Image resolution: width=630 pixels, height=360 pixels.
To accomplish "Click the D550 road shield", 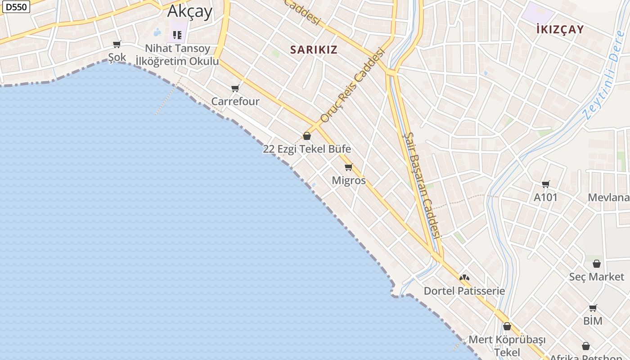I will pos(16,6).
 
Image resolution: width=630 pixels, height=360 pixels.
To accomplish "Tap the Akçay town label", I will pos(189,11).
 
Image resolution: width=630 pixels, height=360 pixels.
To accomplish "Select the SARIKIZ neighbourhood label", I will pos(314,49).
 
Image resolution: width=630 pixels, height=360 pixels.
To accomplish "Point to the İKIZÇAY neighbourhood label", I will pos(560,30).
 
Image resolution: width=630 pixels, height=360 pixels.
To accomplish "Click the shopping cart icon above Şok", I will pos(117,44).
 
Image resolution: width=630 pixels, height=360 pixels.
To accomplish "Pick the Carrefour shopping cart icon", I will pos(235,88).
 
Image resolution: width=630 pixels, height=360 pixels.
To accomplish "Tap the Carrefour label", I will pos(235,101).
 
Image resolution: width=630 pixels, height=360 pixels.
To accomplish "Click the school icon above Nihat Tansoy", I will pos(177,35).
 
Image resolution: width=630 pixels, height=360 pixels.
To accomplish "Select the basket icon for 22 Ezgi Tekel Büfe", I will pos(307,136).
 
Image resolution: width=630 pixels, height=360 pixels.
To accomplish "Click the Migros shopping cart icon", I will pos(348,167).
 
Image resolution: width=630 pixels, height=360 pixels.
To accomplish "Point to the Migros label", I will pos(349,180).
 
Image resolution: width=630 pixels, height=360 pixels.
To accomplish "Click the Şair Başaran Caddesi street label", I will pos(422,184).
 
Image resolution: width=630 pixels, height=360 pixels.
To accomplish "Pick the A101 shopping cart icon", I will pos(546,184).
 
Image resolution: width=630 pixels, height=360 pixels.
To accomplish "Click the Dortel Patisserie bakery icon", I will pos(464,278).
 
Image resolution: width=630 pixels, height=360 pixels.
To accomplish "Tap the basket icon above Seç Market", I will pos(597,264).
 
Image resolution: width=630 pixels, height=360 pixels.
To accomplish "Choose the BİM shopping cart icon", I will pos(593,308).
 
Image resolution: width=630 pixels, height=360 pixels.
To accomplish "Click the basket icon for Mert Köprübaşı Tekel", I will pos(507,326).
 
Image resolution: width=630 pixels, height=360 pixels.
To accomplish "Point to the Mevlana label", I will pos(608,198).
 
